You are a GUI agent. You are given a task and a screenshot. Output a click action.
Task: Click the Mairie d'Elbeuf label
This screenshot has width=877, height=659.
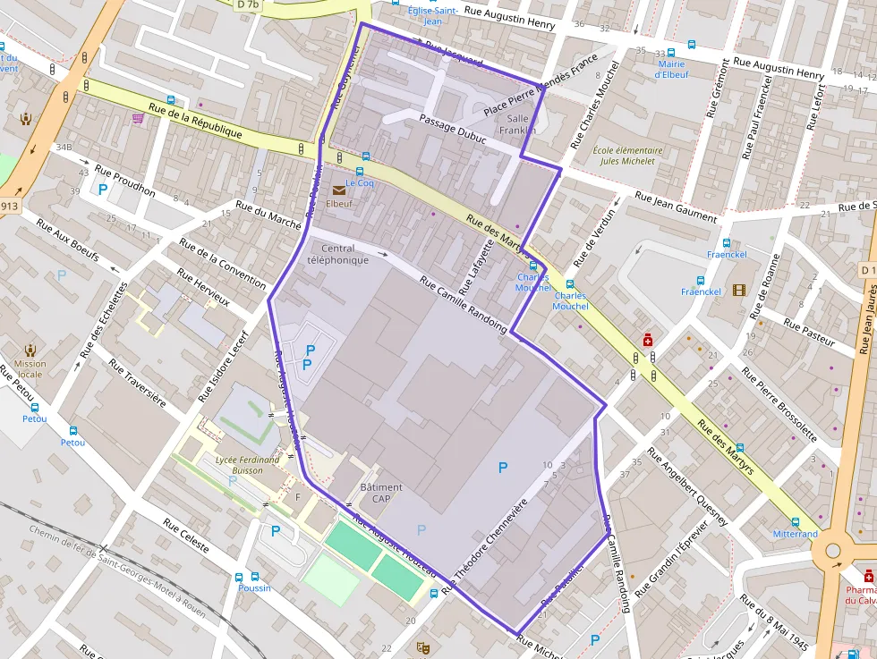click(x=671, y=69)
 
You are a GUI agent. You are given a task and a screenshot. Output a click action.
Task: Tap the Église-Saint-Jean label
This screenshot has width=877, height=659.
click(x=431, y=15)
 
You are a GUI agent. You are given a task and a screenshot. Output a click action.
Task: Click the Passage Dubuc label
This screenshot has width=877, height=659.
click(x=452, y=131)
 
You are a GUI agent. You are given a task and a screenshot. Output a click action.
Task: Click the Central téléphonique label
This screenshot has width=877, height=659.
click(x=337, y=254)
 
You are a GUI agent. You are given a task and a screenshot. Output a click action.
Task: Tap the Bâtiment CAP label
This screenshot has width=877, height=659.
click(x=381, y=493)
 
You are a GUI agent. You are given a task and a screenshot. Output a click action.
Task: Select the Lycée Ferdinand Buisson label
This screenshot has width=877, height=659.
click(x=247, y=465)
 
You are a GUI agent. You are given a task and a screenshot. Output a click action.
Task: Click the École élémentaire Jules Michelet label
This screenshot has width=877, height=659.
click(x=628, y=156)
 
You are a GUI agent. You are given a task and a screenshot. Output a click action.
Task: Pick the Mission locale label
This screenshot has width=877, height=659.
click(x=30, y=369)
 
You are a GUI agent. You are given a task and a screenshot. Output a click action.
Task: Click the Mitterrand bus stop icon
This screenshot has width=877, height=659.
click(x=795, y=521)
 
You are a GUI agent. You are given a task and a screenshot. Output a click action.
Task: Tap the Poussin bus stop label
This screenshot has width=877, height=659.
click(x=254, y=587)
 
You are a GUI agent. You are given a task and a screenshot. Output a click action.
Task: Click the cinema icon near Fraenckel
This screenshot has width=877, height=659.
click(x=738, y=290)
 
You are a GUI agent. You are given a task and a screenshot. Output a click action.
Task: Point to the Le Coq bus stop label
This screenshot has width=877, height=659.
click(x=360, y=182)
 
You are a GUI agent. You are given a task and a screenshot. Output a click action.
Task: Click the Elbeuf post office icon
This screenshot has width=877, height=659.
click(x=339, y=190)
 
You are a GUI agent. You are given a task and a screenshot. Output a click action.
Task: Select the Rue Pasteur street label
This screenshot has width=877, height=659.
click(x=808, y=331)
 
